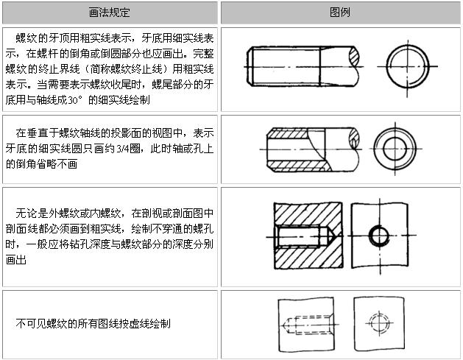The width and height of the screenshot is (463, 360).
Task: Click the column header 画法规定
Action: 109,13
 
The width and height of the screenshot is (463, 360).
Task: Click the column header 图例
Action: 340,13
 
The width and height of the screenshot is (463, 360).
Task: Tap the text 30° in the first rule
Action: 74,100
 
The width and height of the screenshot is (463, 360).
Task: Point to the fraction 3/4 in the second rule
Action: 122,149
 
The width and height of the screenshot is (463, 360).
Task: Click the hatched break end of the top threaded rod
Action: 354,57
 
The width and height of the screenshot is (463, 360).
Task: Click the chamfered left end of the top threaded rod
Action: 250,67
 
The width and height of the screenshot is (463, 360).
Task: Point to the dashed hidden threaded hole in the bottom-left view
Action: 307,325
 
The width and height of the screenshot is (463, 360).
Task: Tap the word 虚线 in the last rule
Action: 140,324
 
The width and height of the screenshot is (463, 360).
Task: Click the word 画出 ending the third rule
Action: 16,260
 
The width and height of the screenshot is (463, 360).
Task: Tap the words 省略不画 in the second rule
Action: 57,164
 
